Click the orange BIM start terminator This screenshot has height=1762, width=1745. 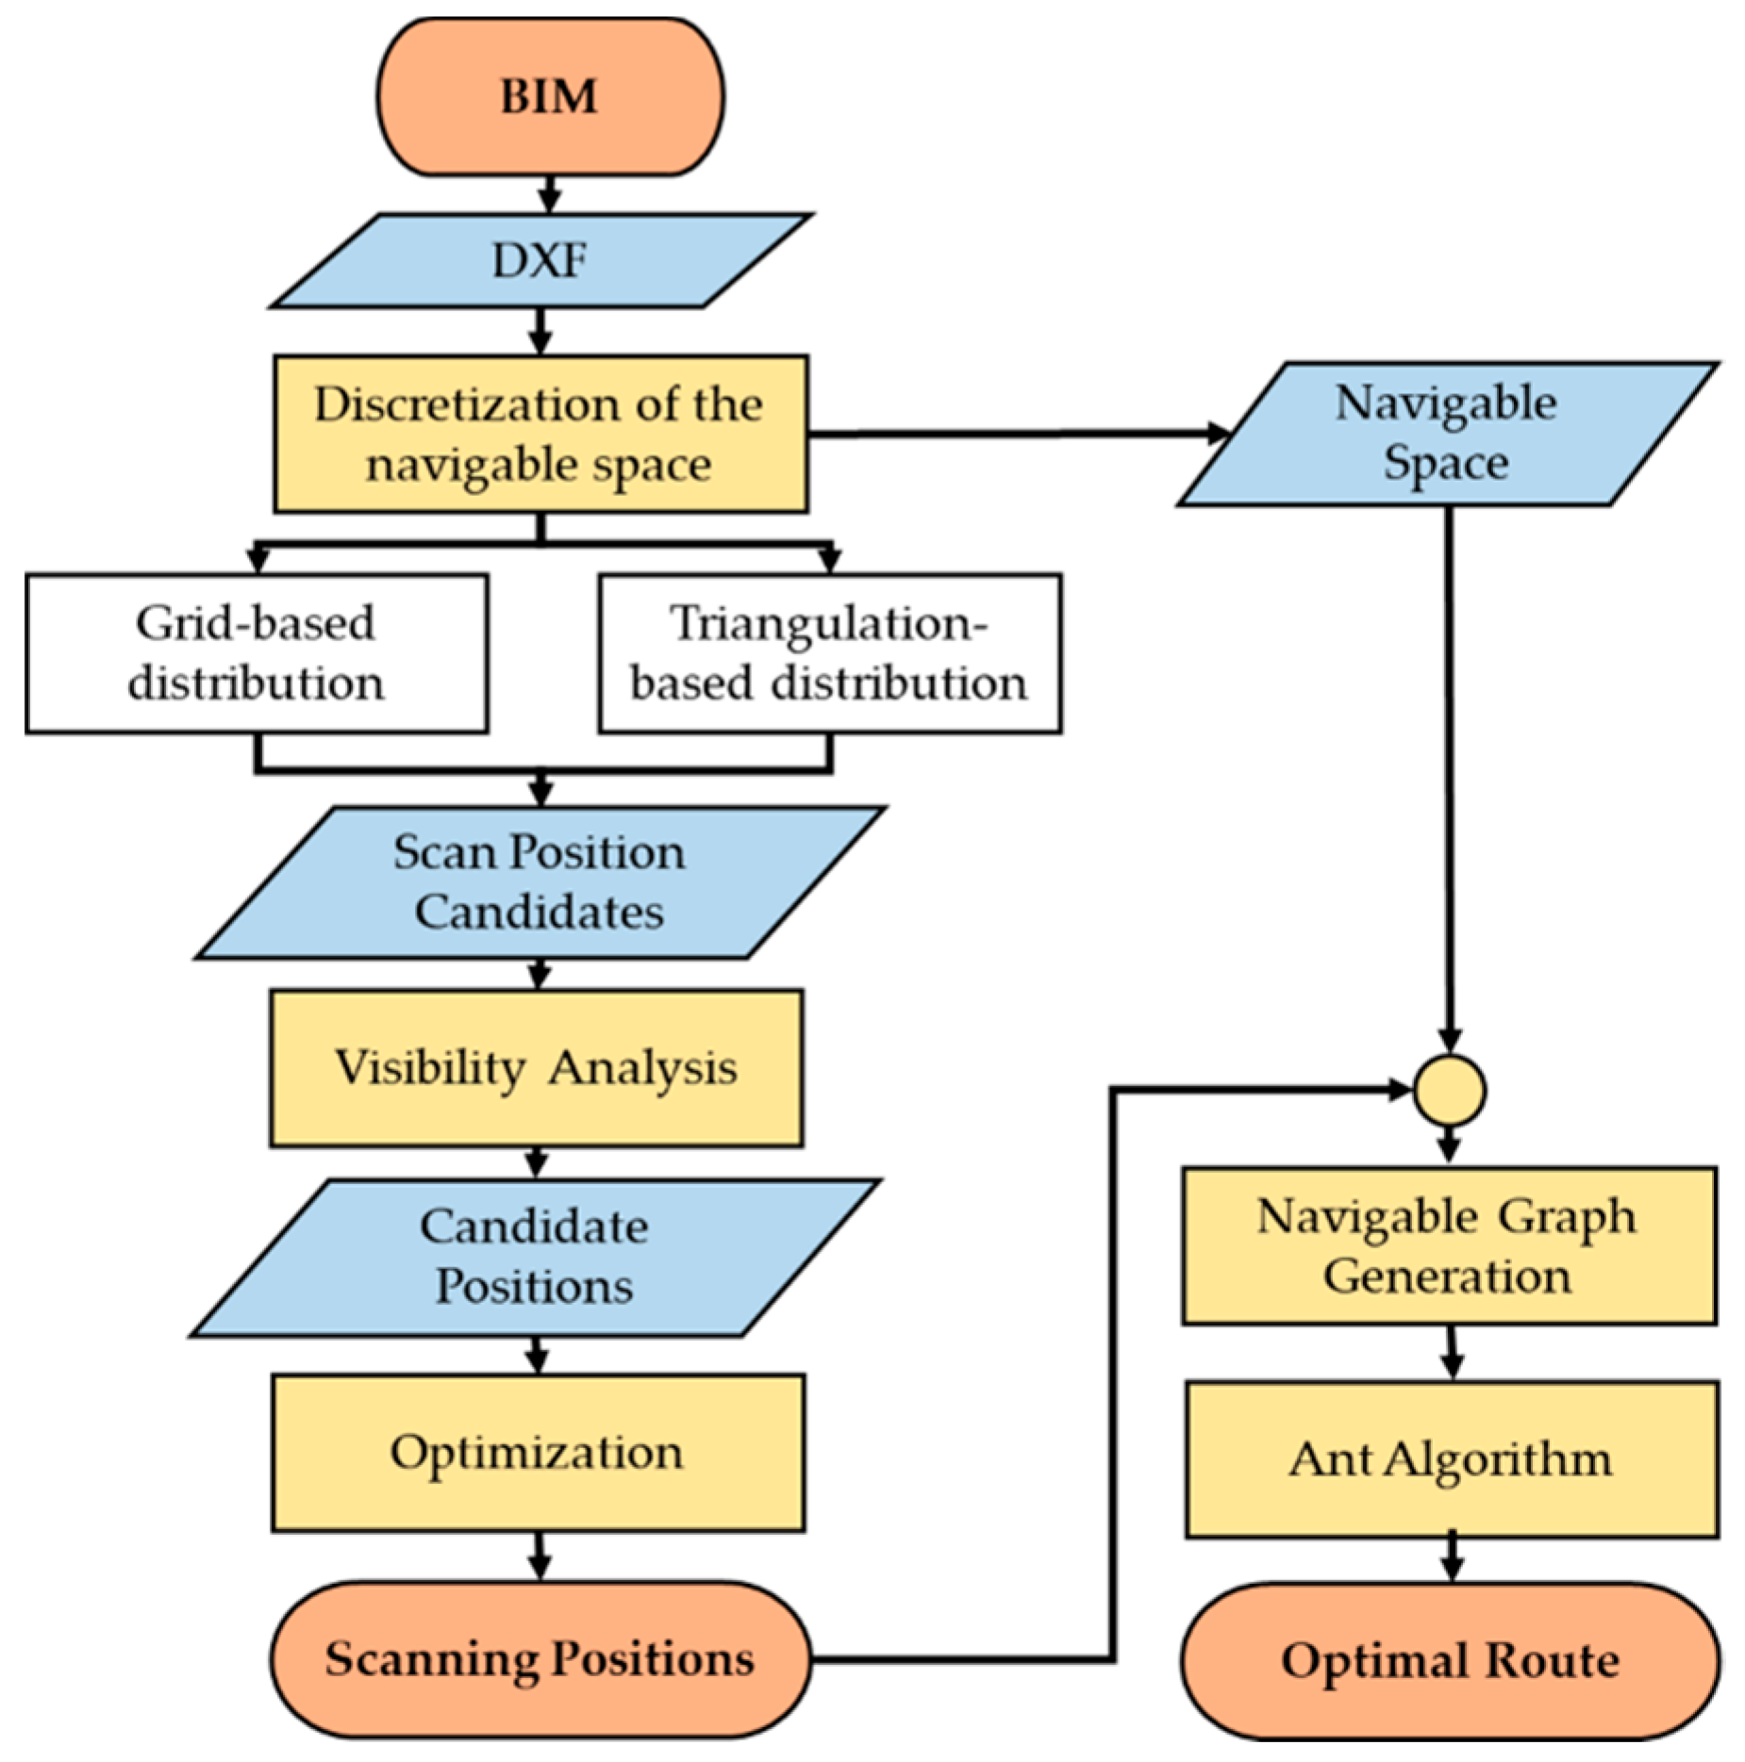pyautogui.click(x=550, y=97)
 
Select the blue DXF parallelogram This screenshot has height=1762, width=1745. pyautogui.click(x=540, y=261)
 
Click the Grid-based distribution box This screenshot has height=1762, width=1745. pyautogui.click(x=257, y=653)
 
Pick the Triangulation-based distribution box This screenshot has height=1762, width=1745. pyautogui.click(x=829, y=653)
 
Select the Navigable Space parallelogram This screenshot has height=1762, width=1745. pyautogui.click(x=1446, y=434)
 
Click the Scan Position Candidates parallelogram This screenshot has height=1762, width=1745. pyautogui.click(x=540, y=882)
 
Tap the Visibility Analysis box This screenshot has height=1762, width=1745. pyautogui.click(x=536, y=1068)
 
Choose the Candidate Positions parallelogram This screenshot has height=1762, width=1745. pyautogui.click(x=535, y=1257)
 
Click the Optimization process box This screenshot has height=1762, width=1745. pyautogui.click(x=538, y=1452)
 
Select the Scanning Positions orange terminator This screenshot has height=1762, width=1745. pyautogui.click(x=540, y=1659)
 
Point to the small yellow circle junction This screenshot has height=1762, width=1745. pyautogui.click(x=1450, y=1091)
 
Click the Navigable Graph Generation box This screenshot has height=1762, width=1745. pyautogui.click(x=1449, y=1245)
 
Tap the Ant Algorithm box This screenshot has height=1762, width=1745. pyautogui.click(x=1452, y=1459)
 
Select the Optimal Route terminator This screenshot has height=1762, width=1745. pyautogui.click(x=1450, y=1660)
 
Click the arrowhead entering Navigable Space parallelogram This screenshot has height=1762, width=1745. pyautogui.click(x=1218, y=434)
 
